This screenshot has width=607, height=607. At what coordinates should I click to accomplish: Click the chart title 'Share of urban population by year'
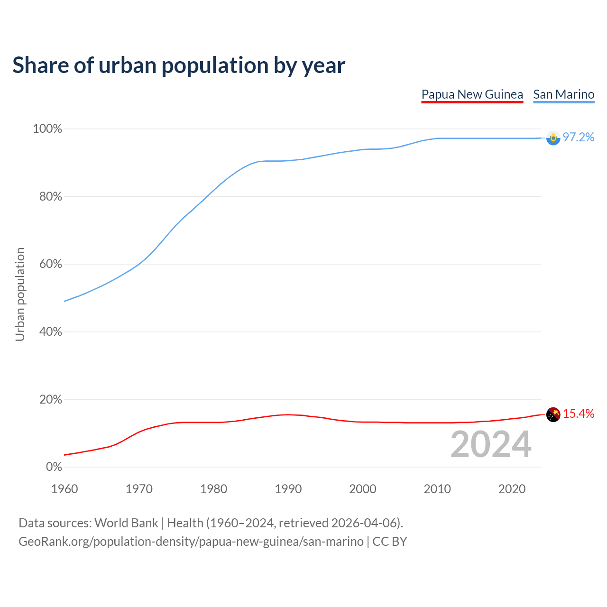click(179, 65)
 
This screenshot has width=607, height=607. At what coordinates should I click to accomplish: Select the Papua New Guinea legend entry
click(472, 94)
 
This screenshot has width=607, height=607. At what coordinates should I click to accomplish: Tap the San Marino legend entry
click(563, 94)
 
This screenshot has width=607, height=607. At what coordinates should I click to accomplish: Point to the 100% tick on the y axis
click(47, 129)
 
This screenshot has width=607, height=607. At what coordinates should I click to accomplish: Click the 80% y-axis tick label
click(50, 197)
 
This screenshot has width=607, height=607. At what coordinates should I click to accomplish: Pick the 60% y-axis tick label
click(50, 264)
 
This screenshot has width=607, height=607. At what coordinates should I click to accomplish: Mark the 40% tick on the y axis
click(50, 332)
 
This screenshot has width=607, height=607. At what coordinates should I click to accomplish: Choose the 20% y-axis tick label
click(50, 400)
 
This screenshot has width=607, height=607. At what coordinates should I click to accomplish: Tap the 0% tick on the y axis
click(54, 467)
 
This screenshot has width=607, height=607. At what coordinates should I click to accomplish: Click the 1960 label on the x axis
click(64, 489)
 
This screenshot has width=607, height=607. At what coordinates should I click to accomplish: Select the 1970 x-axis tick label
click(139, 489)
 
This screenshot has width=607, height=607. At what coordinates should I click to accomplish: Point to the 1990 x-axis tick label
click(288, 489)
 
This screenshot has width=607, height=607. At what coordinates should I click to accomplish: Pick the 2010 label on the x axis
click(437, 489)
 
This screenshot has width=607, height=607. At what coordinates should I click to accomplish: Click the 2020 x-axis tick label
click(512, 489)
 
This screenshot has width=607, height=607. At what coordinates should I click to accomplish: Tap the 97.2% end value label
click(579, 138)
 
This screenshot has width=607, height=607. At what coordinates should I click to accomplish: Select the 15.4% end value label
click(579, 414)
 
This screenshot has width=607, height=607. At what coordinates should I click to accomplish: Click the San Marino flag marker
click(553, 138)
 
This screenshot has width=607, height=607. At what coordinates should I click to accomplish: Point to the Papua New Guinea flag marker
click(553, 414)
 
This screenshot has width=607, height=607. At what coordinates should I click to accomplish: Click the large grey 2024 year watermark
click(491, 444)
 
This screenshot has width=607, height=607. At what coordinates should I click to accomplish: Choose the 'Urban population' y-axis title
click(20, 294)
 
